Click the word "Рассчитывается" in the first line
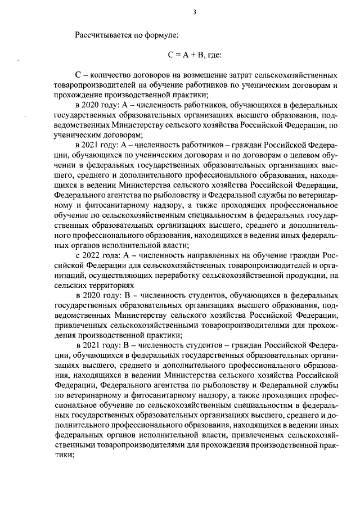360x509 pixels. [103, 35]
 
